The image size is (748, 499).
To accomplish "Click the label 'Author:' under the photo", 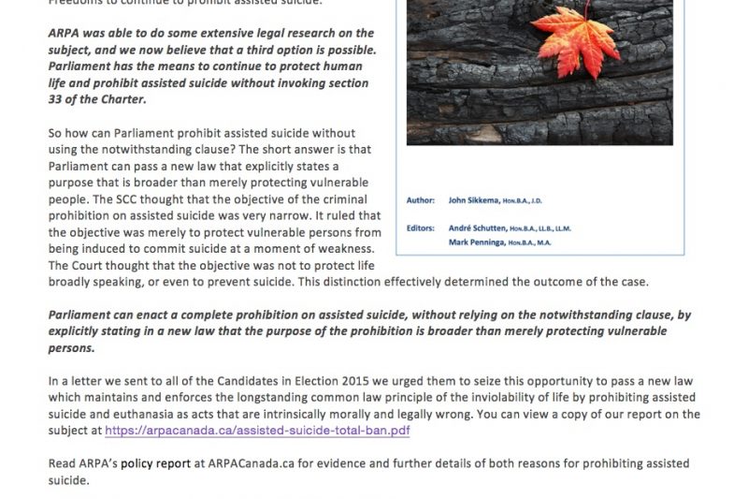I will pos(422,199).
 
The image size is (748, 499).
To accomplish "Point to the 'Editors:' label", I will pos(423,228).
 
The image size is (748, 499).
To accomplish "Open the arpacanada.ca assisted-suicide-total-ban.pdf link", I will pos(257,432).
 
